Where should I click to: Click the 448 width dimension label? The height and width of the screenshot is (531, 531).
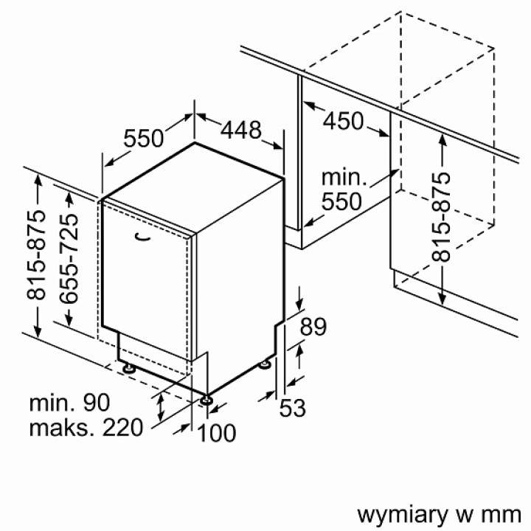coord(241,131)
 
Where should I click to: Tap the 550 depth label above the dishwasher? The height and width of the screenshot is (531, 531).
coord(143,138)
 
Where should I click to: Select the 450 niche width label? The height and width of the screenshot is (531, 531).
coord(344,120)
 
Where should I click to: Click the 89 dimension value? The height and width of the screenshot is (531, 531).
coord(313,327)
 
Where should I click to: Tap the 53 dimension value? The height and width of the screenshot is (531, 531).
coord(292,406)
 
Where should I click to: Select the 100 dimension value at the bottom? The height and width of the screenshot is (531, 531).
coord(217,433)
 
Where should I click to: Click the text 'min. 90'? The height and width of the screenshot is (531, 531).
coord(69,403)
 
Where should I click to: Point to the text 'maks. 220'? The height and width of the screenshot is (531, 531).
coord(86,427)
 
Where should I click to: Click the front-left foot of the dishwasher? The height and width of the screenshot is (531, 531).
coord(128,366)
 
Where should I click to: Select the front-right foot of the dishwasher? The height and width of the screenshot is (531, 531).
coord(207,399)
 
